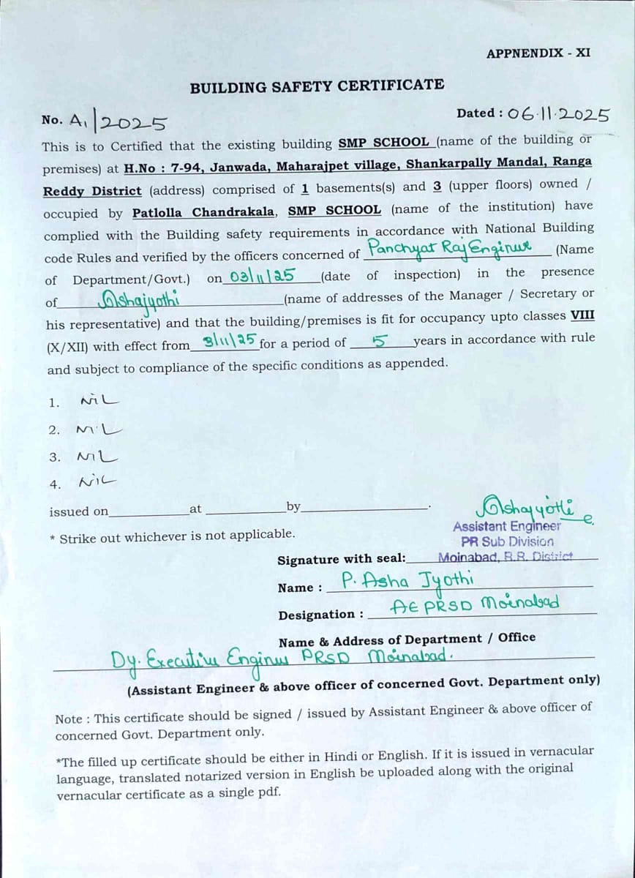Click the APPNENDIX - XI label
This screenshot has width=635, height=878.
(538, 53)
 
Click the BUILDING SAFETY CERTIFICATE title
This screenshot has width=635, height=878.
(317, 86)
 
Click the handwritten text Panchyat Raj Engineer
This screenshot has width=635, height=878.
(451, 249)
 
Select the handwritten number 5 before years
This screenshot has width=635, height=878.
(379, 339)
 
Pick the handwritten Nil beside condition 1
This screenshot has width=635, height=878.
(99, 401)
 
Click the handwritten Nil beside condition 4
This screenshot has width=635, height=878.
(98, 481)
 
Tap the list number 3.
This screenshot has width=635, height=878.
(54, 457)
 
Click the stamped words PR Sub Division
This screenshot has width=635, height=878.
(507, 541)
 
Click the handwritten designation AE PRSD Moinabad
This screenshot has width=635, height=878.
(475, 604)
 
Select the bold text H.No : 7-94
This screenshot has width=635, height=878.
(163, 166)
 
